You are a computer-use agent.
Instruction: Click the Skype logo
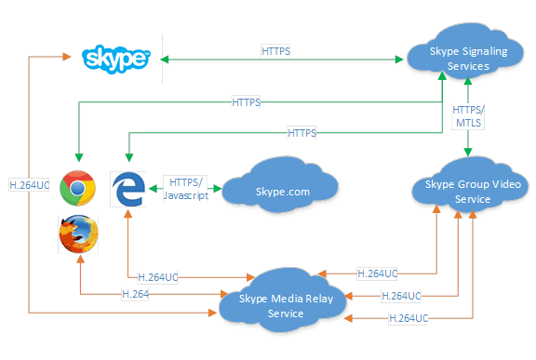click(x=116, y=60)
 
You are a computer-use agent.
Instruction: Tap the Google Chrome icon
click(x=77, y=188)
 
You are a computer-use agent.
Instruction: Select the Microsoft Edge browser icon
click(x=128, y=189)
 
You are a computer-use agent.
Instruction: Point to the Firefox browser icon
click(x=78, y=234)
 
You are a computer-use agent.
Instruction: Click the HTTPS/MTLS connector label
click(x=468, y=116)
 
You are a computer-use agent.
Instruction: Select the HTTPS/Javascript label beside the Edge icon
click(x=185, y=189)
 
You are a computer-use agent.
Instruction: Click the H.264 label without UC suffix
click(x=135, y=294)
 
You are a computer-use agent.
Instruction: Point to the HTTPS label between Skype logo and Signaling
click(x=275, y=51)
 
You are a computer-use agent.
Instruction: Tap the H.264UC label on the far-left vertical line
click(x=29, y=185)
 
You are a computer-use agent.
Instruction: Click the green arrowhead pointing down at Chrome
click(x=79, y=157)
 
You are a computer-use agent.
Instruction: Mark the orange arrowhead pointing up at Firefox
click(x=80, y=259)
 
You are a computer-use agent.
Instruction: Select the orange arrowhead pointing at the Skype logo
click(x=67, y=57)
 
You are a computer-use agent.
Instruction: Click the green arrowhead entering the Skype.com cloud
click(x=218, y=188)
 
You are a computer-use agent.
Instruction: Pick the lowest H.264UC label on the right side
click(x=409, y=318)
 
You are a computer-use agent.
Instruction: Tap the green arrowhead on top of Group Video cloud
click(x=468, y=152)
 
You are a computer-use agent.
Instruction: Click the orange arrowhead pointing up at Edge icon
click(x=128, y=214)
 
